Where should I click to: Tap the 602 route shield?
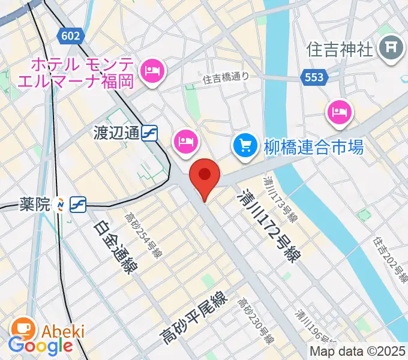70,36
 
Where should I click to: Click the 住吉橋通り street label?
225,77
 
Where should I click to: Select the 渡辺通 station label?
116,133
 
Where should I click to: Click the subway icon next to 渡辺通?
150,133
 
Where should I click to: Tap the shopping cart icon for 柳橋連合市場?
245,145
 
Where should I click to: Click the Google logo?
40,346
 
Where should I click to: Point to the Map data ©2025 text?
358,352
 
